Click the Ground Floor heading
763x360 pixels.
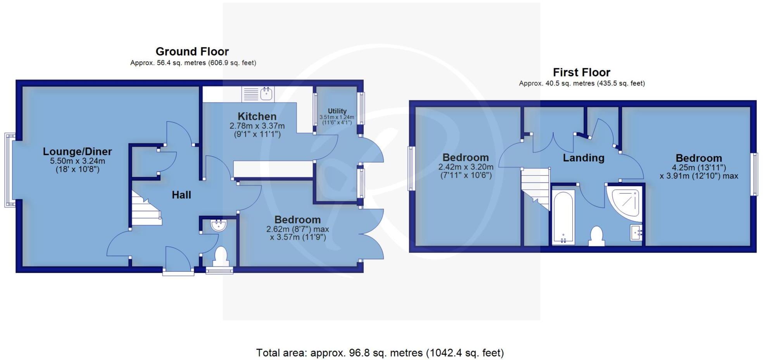192,51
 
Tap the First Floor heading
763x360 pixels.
581,72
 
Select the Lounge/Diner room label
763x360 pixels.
77,151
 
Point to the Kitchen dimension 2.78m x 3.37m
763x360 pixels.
257,126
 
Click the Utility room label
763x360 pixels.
337,111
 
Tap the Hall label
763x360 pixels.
181,195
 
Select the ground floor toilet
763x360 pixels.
220,256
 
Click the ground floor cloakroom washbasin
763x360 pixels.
218,225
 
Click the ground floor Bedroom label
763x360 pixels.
297,220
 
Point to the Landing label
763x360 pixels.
583,158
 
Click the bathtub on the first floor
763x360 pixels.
563,217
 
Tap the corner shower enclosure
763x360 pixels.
625,201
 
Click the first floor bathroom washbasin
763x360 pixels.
636,232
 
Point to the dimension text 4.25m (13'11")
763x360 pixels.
699,168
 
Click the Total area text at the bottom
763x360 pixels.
380,353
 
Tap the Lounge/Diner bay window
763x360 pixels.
10,170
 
